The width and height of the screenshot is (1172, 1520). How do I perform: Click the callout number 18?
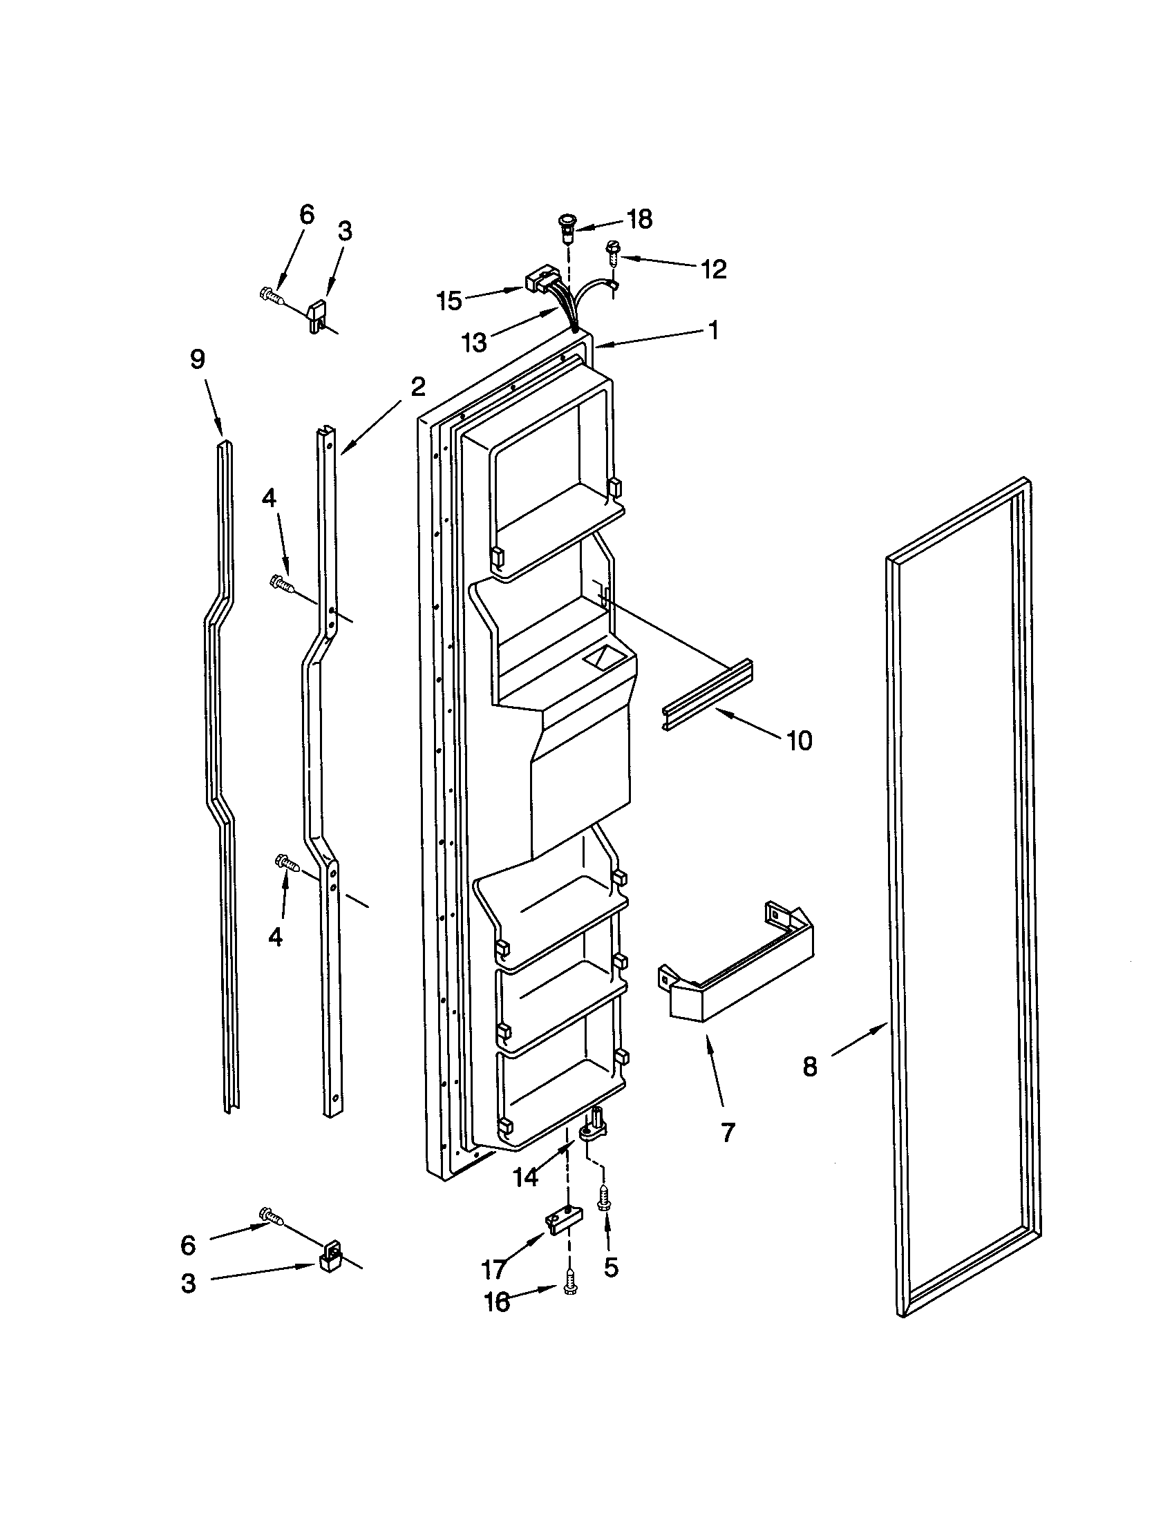click(639, 219)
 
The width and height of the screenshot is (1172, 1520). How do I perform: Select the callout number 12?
click(713, 269)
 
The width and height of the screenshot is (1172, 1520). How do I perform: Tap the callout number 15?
click(449, 301)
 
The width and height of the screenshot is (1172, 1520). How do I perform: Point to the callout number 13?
click(475, 343)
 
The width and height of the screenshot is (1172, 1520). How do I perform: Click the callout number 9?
click(197, 360)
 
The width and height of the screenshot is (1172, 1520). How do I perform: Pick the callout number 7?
click(728, 1133)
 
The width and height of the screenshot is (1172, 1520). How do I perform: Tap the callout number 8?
click(809, 1065)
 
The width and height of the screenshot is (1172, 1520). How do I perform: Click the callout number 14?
click(525, 1177)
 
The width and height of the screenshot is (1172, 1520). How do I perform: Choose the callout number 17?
click(493, 1270)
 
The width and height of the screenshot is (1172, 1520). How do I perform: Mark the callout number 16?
click(497, 1302)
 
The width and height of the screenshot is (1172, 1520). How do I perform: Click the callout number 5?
click(610, 1267)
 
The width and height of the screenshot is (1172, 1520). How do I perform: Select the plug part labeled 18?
click(567, 227)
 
